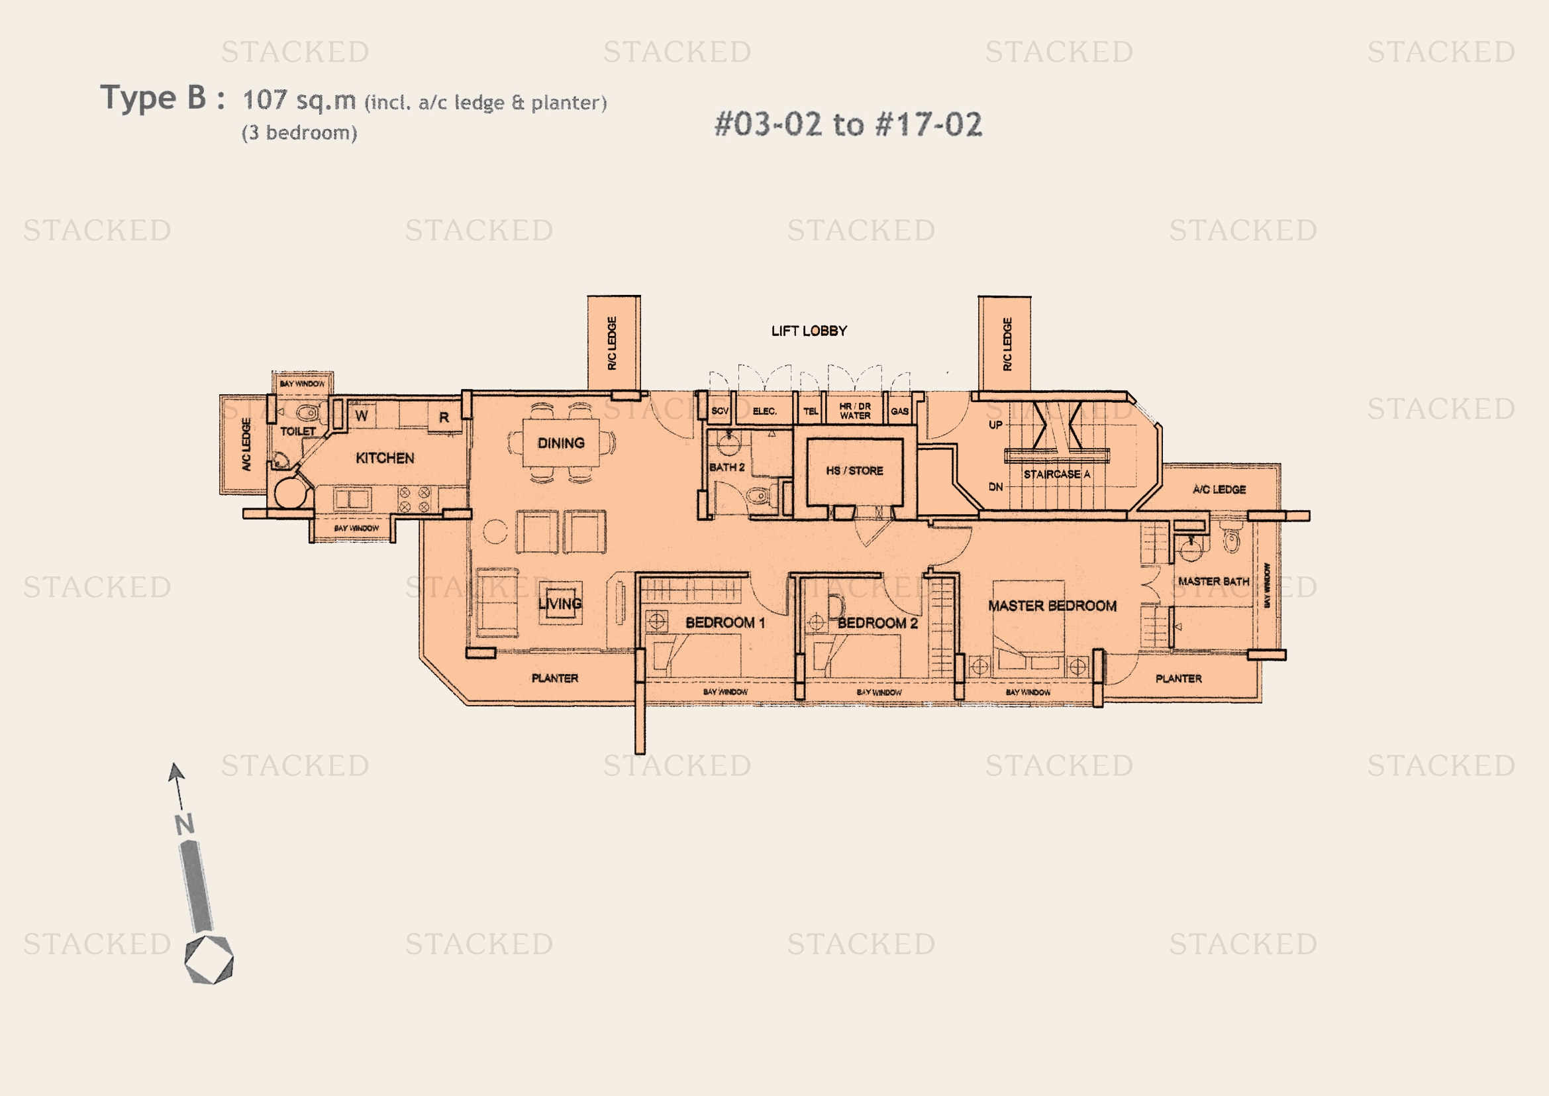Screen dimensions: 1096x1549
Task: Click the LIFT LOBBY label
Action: click(x=809, y=331)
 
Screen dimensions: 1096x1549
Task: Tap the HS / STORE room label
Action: click(x=854, y=470)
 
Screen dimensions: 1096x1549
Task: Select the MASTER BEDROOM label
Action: click(x=1052, y=606)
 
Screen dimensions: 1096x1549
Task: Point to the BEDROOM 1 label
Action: click(x=725, y=622)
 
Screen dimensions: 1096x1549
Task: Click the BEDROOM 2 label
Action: click(x=877, y=623)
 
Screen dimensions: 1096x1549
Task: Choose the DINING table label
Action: click(x=561, y=443)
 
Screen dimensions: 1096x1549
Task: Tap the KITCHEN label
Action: click(x=385, y=459)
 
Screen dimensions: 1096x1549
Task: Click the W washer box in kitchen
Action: click(x=362, y=415)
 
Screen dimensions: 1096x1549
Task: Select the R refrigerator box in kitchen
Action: click(x=444, y=417)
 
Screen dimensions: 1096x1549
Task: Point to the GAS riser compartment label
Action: click(x=899, y=411)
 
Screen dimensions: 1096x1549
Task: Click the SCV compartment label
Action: click(x=720, y=411)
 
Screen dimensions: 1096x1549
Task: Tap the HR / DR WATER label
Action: click(x=855, y=411)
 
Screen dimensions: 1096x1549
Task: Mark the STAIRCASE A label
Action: click(x=1056, y=474)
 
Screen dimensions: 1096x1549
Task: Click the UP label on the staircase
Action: click(x=995, y=425)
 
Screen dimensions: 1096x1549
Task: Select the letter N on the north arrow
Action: click(x=184, y=824)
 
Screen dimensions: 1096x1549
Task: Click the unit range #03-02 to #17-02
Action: click(x=848, y=125)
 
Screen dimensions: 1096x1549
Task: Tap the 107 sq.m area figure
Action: click(x=299, y=101)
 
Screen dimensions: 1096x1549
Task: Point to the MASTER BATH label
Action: click(x=1213, y=581)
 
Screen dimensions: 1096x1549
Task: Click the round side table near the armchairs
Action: click(x=495, y=531)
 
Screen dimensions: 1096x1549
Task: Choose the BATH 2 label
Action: click(x=726, y=467)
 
